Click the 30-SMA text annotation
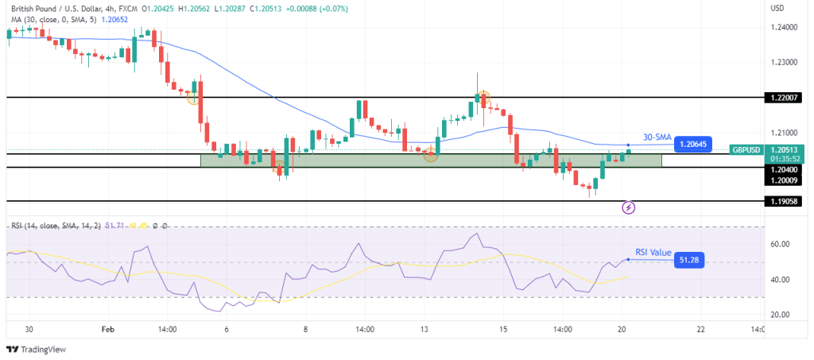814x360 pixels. coord(657,136)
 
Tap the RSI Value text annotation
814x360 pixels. coord(653,252)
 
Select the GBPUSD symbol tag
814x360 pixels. coord(748,149)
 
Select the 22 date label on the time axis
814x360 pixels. coord(700,328)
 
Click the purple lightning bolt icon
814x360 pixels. coord(629,208)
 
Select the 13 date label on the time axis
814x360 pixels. coord(424,328)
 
